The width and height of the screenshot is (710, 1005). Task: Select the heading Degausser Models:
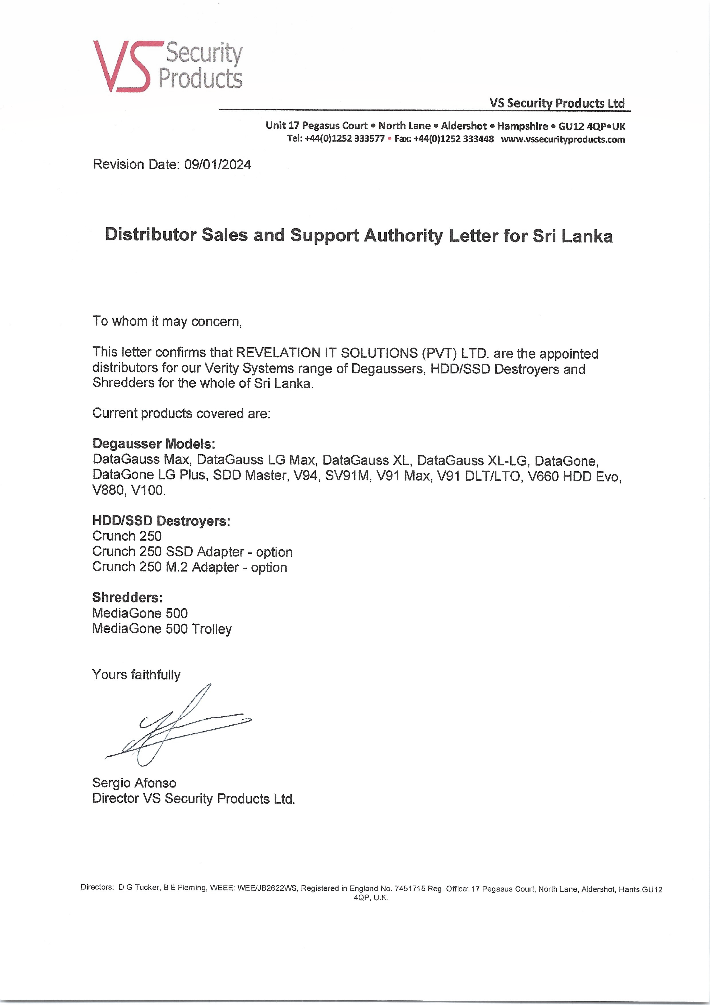pos(154,444)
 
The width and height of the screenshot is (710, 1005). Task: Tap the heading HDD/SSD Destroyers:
pos(161,521)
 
